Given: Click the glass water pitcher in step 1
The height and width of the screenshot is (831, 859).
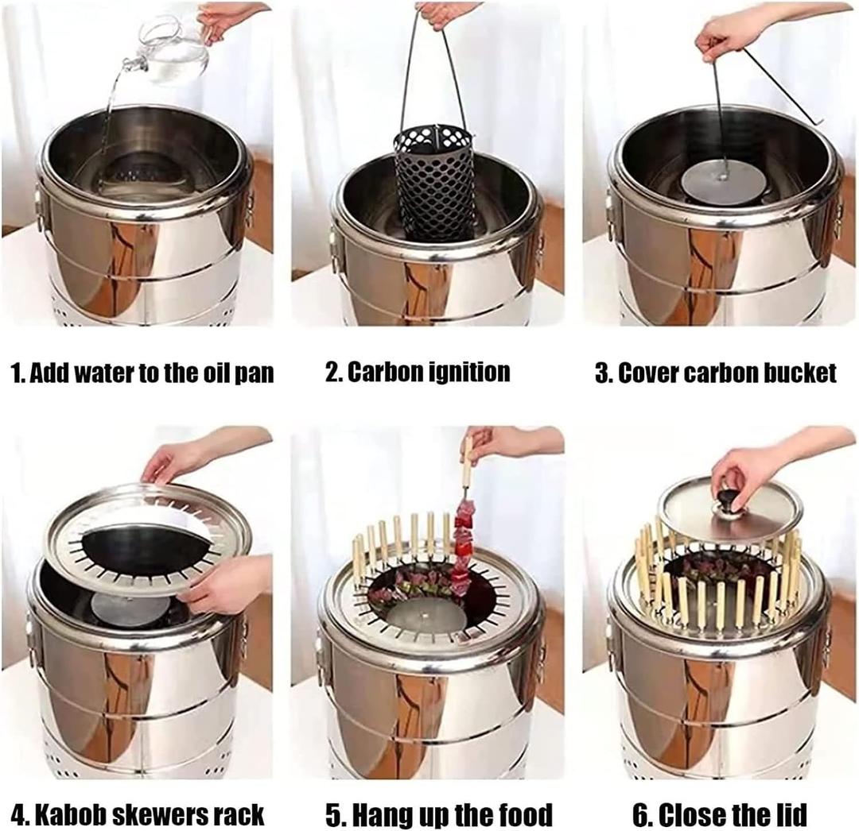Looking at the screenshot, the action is (173, 49).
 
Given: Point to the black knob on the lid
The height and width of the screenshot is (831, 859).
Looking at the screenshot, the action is (728, 501).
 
